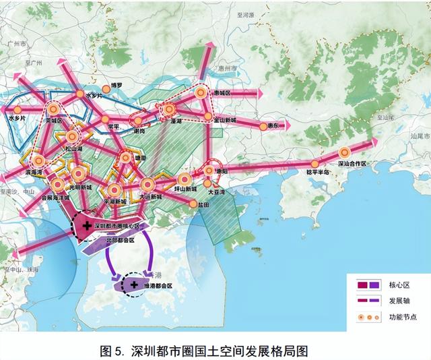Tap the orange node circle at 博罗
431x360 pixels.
click(106, 88)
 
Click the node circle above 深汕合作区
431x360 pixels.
click(345, 152)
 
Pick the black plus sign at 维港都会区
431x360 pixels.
click(125, 284)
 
